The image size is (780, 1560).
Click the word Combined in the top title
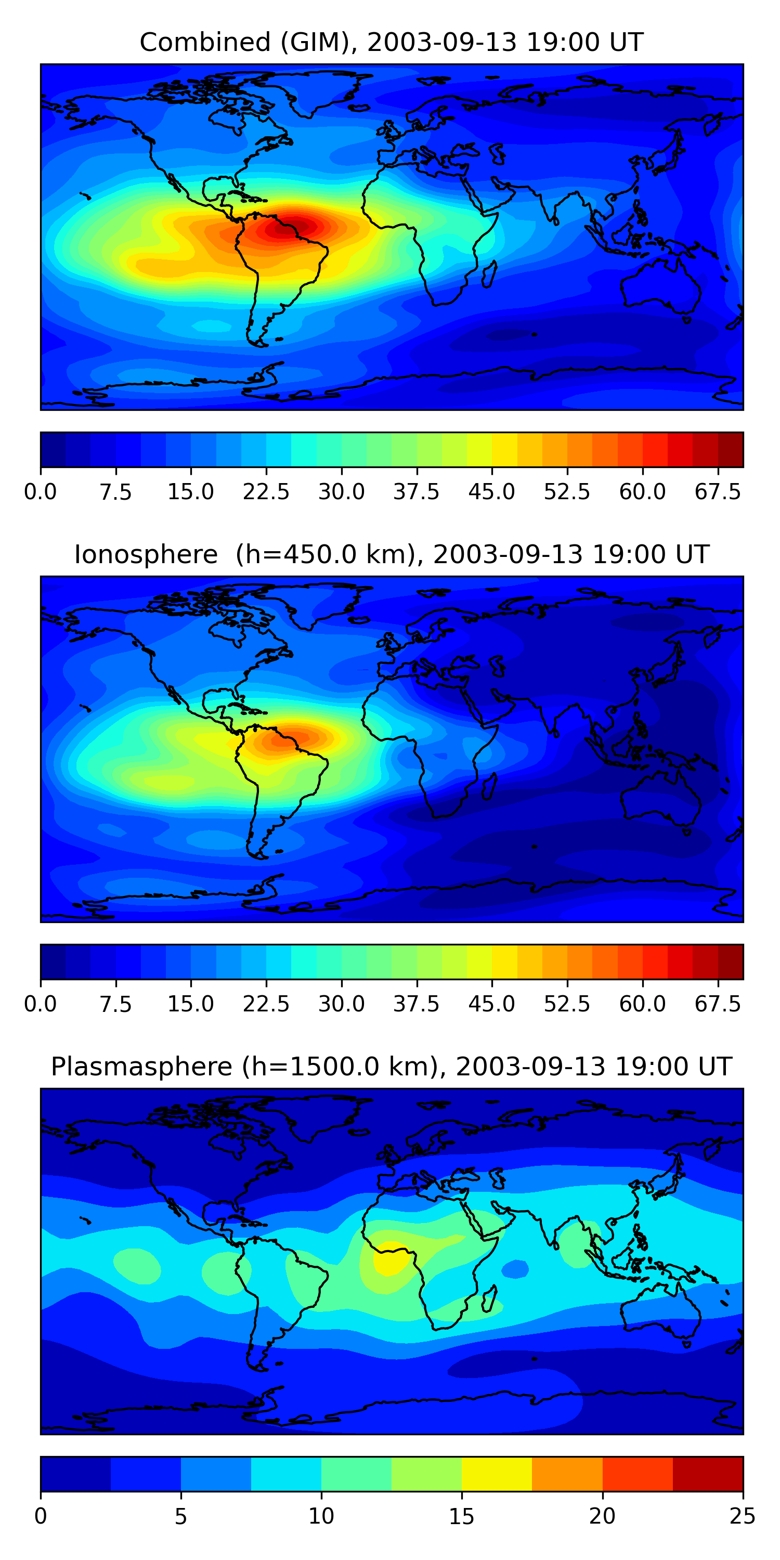[x=205, y=43]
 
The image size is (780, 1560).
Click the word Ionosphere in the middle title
[x=146, y=555]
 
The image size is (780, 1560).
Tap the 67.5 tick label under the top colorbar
[x=718, y=492]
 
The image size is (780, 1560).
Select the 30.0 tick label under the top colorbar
[x=342, y=492]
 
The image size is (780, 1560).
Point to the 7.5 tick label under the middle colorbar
[x=115, y=1004]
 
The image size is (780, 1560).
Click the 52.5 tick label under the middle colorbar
[x=567, y=1004]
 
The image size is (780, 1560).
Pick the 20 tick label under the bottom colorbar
[x=602, y=1516]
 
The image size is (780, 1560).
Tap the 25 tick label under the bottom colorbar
[x=743, y=1516]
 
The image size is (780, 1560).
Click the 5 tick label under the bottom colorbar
[x=180, y=1516]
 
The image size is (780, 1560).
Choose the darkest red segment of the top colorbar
[x=731, y=450]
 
